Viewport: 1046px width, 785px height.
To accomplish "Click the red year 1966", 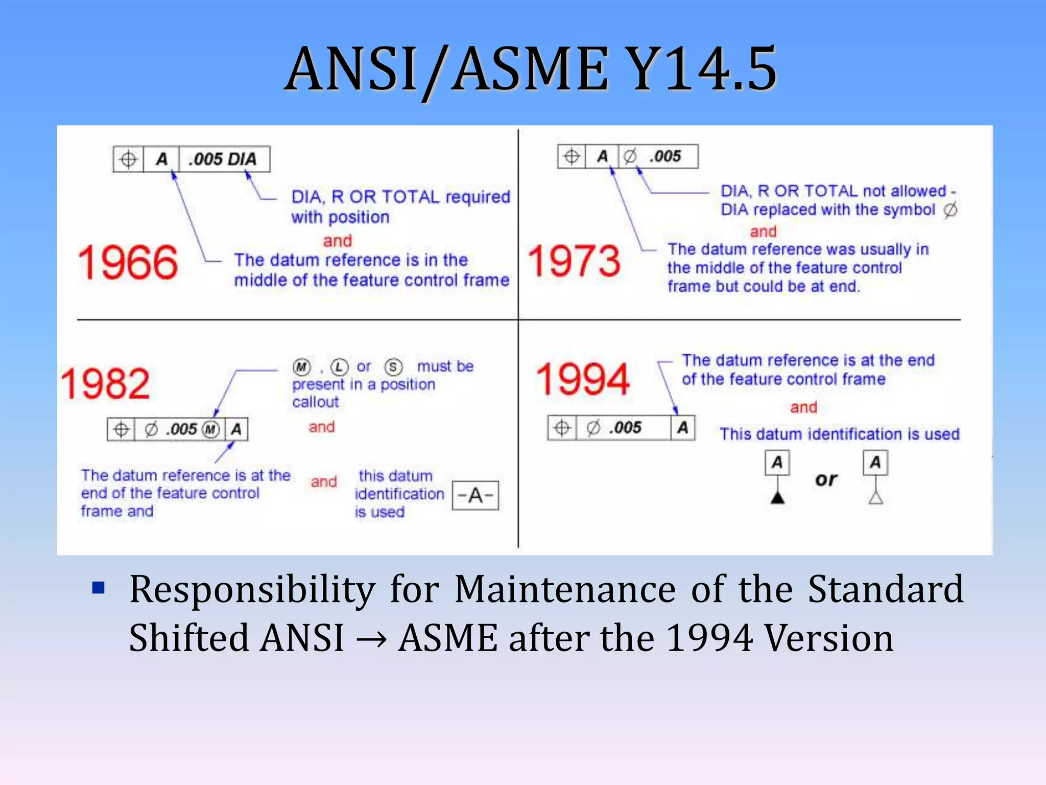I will pyautogui.click(x=128, y=263).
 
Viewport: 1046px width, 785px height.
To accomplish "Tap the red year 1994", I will pyautogui.click(x=583, y=379).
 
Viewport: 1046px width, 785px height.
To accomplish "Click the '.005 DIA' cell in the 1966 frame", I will pyautogui.click(x=223, y=159).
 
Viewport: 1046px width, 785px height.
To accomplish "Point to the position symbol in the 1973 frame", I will pyautogui.click(x=572, y=156).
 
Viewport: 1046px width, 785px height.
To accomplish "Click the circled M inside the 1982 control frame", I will pyautogui.click(x=210, y=429).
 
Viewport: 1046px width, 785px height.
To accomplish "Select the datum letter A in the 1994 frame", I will pyautogui.click(x=682, y=428).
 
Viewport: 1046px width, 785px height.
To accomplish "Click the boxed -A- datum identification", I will pyautogui.click(x=475, y=495).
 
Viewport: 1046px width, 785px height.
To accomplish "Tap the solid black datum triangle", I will pyautogui.click(x=777, y=497).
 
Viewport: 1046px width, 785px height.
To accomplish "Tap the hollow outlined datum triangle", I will pyautogui.click(x=875, y=497).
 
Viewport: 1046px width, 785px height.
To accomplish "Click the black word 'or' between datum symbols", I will pyautogui.click(x=826, y=479).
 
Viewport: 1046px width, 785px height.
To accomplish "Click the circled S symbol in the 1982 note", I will pyautogui.click(x=393, y=367).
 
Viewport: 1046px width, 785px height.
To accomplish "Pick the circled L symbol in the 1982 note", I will pyautogui.click(x=339, y=367).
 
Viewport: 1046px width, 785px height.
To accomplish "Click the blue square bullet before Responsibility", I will pyautogui.click(x=98, y=588).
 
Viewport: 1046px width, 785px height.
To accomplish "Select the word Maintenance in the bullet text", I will pyautogui.click(x=565, y=589).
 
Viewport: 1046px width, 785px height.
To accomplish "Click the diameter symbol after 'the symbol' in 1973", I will pyautogui.click(x=950, y=210).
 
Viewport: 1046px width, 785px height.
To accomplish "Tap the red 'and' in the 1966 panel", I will pyautogui.click(x=337, y=240).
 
